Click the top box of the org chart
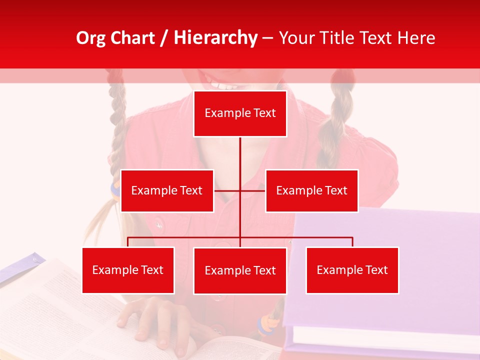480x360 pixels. point(240,113)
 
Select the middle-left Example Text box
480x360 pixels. point(167,190)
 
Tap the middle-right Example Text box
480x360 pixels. point(311,190)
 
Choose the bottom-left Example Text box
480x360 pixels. point(128,270)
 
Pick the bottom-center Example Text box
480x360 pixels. point(240,270)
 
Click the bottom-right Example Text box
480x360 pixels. point(352,270)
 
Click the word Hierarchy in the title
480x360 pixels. point(215,37)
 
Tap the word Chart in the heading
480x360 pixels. point(133,37)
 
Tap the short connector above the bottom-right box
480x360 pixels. point(352,242)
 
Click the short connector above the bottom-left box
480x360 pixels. point(128,242)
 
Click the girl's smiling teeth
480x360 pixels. point(225,84)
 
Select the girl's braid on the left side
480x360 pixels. point(118,125)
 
